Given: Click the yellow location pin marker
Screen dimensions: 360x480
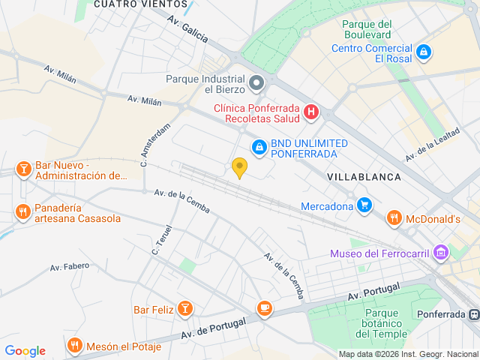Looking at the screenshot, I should click(x=239, y=168).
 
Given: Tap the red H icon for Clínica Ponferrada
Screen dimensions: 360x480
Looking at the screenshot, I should click(x=311, y=113).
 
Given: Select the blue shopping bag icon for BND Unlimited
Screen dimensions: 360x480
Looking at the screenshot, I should click(x=259, y=147).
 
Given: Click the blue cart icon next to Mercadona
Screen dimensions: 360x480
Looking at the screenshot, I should click(x=364, y=205).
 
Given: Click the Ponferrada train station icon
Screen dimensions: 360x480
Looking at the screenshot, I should click(x=472, y=314).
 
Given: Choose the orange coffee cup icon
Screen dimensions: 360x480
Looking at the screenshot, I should click(x=264, y=307).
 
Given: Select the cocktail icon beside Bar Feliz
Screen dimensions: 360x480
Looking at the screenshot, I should click(x=184, y=308).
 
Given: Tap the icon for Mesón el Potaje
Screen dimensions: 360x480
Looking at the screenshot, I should click(x=73, y=346).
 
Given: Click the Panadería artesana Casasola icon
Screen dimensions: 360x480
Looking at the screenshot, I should click(x=23, y=211).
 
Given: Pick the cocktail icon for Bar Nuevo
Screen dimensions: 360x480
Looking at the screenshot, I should click(x=23, y=169).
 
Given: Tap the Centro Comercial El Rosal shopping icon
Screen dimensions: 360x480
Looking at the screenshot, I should click(x=424, y=52).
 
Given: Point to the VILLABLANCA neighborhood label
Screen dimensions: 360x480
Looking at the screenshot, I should click(x=364, y=176).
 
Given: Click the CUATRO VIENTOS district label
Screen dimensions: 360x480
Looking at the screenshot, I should click(x=130, y=4).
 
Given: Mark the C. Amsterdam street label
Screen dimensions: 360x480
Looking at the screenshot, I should click(x=155, y=144).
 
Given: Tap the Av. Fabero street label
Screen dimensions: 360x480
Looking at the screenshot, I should click(x=70, y=266).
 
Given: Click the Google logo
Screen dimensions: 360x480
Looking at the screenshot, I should click(x=25, y=351).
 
